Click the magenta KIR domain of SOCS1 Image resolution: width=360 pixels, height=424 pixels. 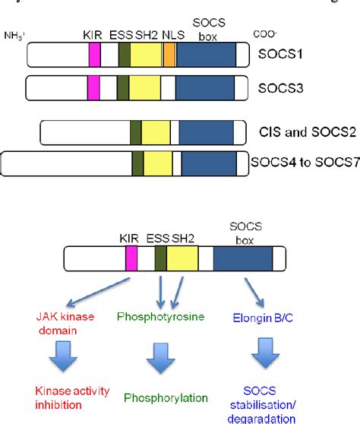[95, 55]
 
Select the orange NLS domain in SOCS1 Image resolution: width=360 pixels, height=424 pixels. [170, 55]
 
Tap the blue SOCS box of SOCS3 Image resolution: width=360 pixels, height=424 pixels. [205, 88]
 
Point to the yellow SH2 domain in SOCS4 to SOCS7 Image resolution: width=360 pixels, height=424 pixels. [158, 164]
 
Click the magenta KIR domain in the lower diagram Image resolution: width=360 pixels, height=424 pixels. [131, 259]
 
